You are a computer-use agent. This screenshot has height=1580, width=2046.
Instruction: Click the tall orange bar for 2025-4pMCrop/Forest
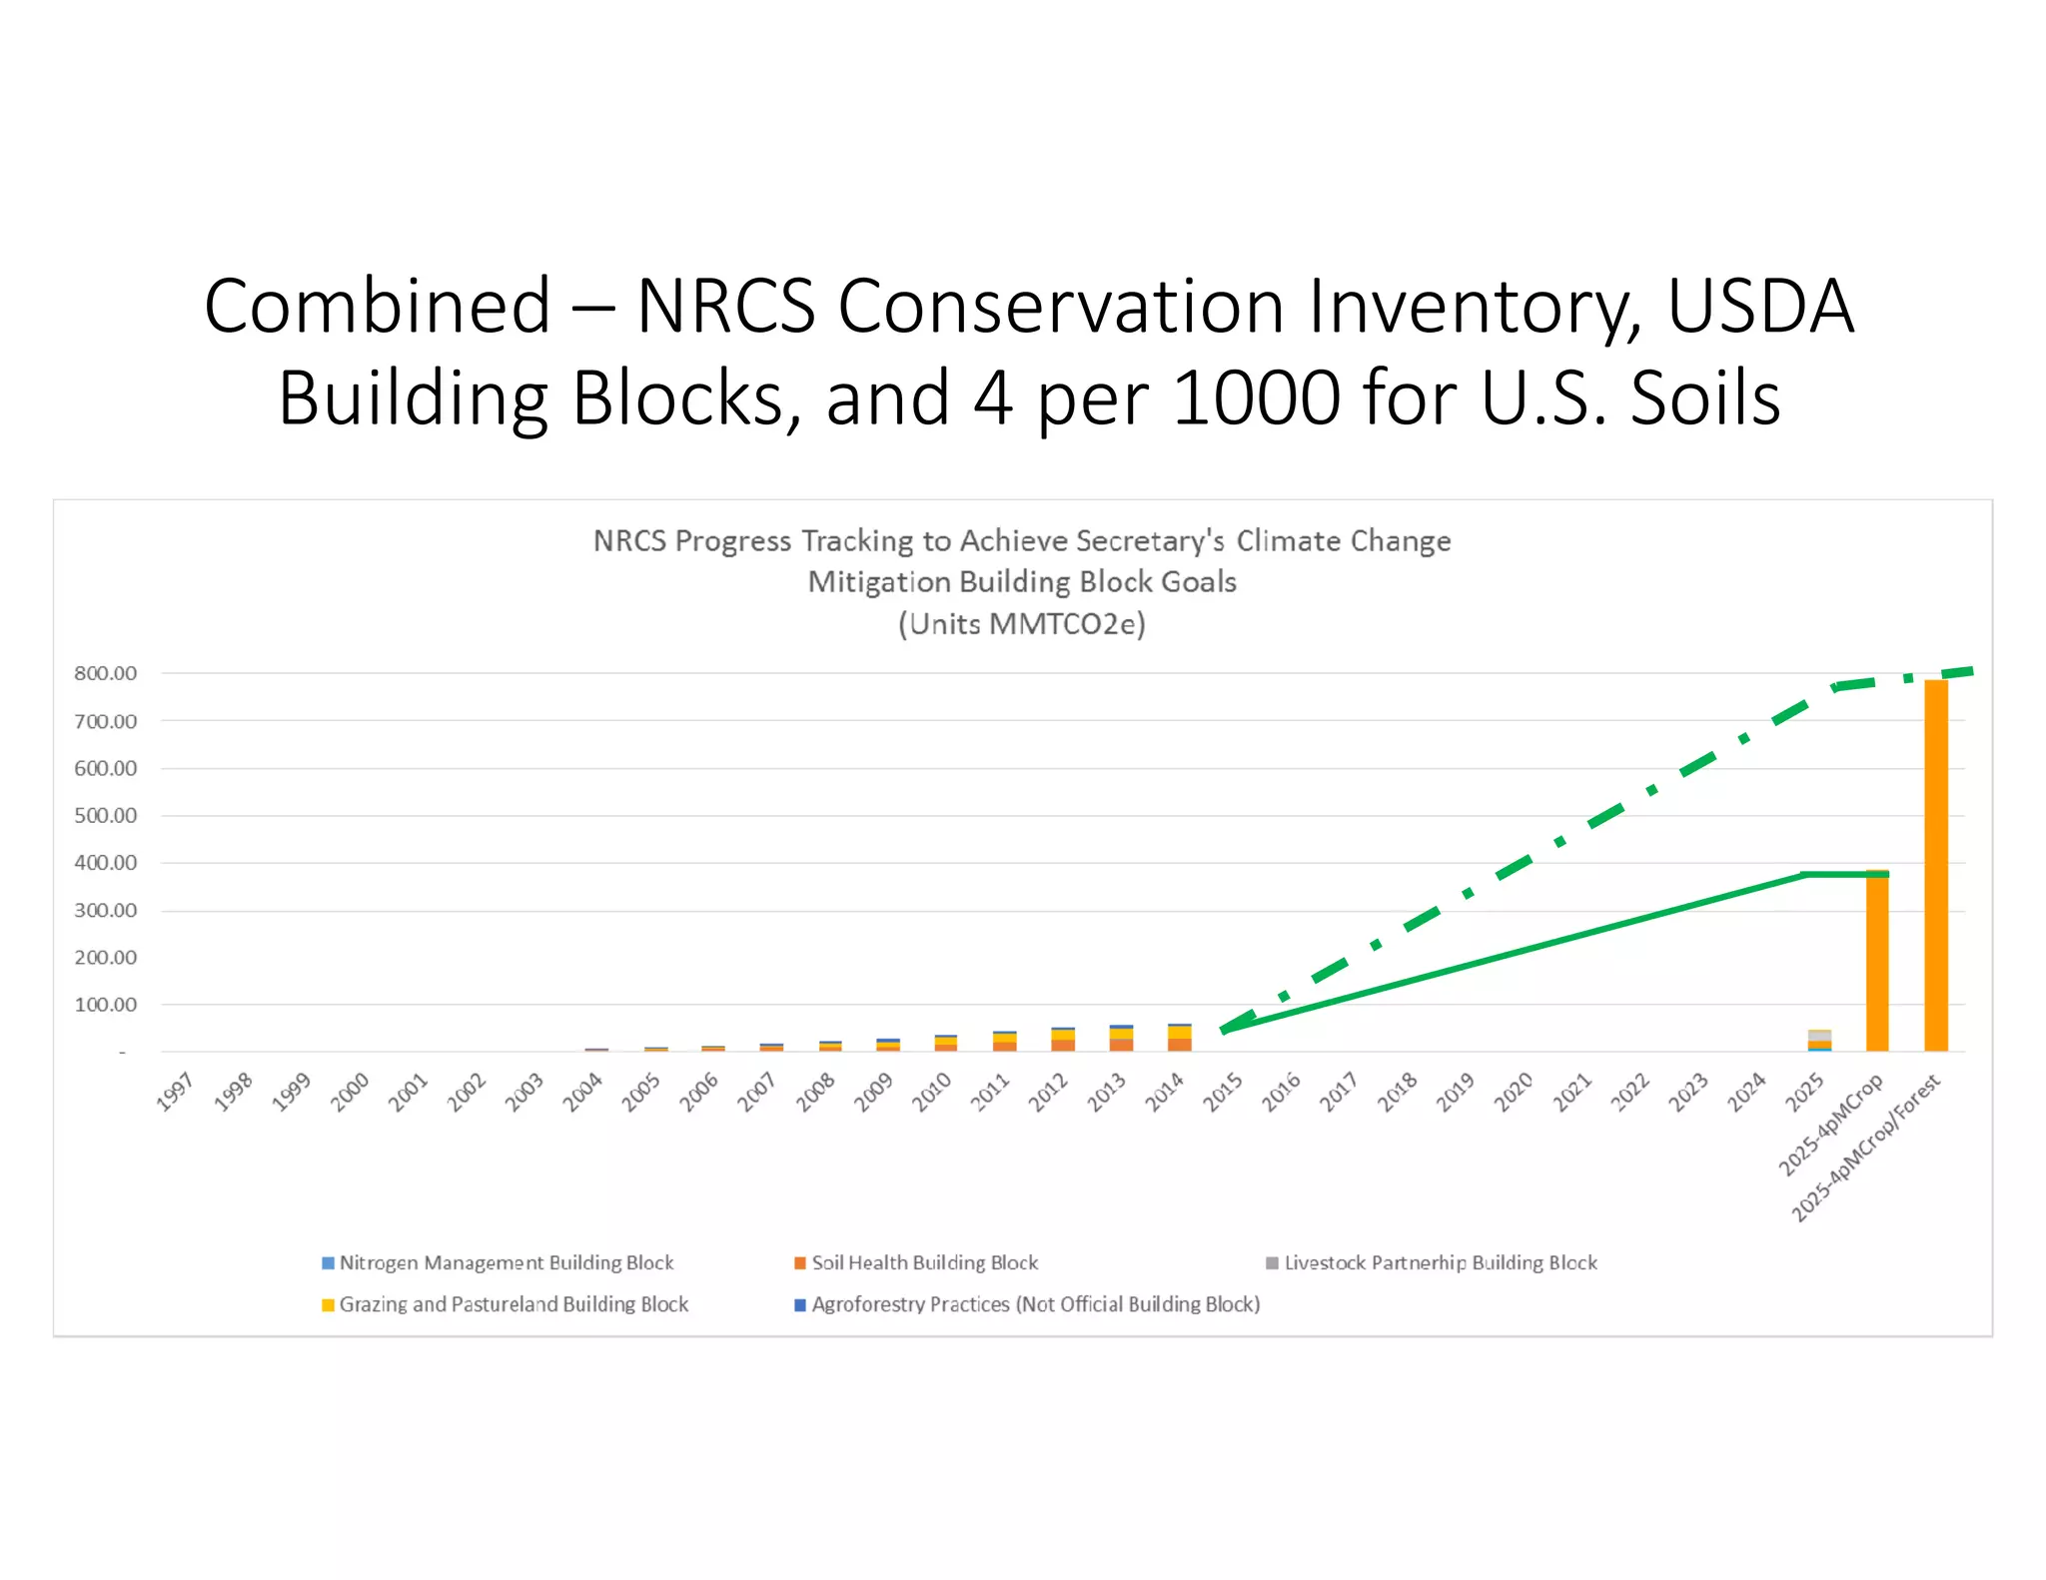tap(1935, 865)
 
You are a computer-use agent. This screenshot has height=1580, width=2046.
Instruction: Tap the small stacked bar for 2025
tap(1819, 1041)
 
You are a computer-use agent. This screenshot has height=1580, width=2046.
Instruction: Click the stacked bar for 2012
tap(1063, 1040)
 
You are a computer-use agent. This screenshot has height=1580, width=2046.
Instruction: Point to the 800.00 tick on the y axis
tap(105, 673)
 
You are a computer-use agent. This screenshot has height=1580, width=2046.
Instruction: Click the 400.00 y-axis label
tap(105, 863)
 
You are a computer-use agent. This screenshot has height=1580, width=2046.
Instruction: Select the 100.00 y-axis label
tap(105, 1005)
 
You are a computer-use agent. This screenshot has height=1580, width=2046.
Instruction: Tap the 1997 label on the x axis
tap(176, 1092)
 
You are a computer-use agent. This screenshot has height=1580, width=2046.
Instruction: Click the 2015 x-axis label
tap(1223, 1092)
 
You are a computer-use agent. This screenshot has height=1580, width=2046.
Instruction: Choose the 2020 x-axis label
tap(1514, 1092)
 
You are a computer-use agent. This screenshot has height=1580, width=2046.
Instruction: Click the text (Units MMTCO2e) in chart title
tap(1021, 624)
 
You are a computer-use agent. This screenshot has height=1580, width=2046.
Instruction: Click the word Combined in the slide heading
tap(378, 306)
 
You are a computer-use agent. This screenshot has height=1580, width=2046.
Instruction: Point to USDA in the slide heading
tap(1760, 306)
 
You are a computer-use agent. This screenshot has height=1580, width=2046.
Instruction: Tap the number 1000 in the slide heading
tap(1256, 397)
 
